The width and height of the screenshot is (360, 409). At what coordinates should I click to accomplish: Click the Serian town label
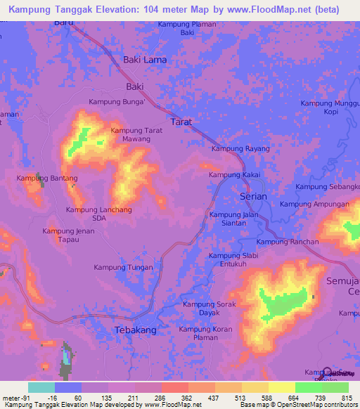(253, 197)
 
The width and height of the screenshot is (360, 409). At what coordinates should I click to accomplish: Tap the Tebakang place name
(136, 330)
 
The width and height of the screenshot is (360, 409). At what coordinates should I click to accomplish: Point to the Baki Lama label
(145, 60)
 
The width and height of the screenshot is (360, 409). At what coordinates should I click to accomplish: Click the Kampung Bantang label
(47, 178)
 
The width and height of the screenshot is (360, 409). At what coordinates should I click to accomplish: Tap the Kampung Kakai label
(235, 174)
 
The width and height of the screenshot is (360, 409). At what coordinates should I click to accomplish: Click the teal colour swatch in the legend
(41, 387)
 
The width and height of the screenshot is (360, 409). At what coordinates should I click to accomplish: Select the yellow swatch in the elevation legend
(281, 387)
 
